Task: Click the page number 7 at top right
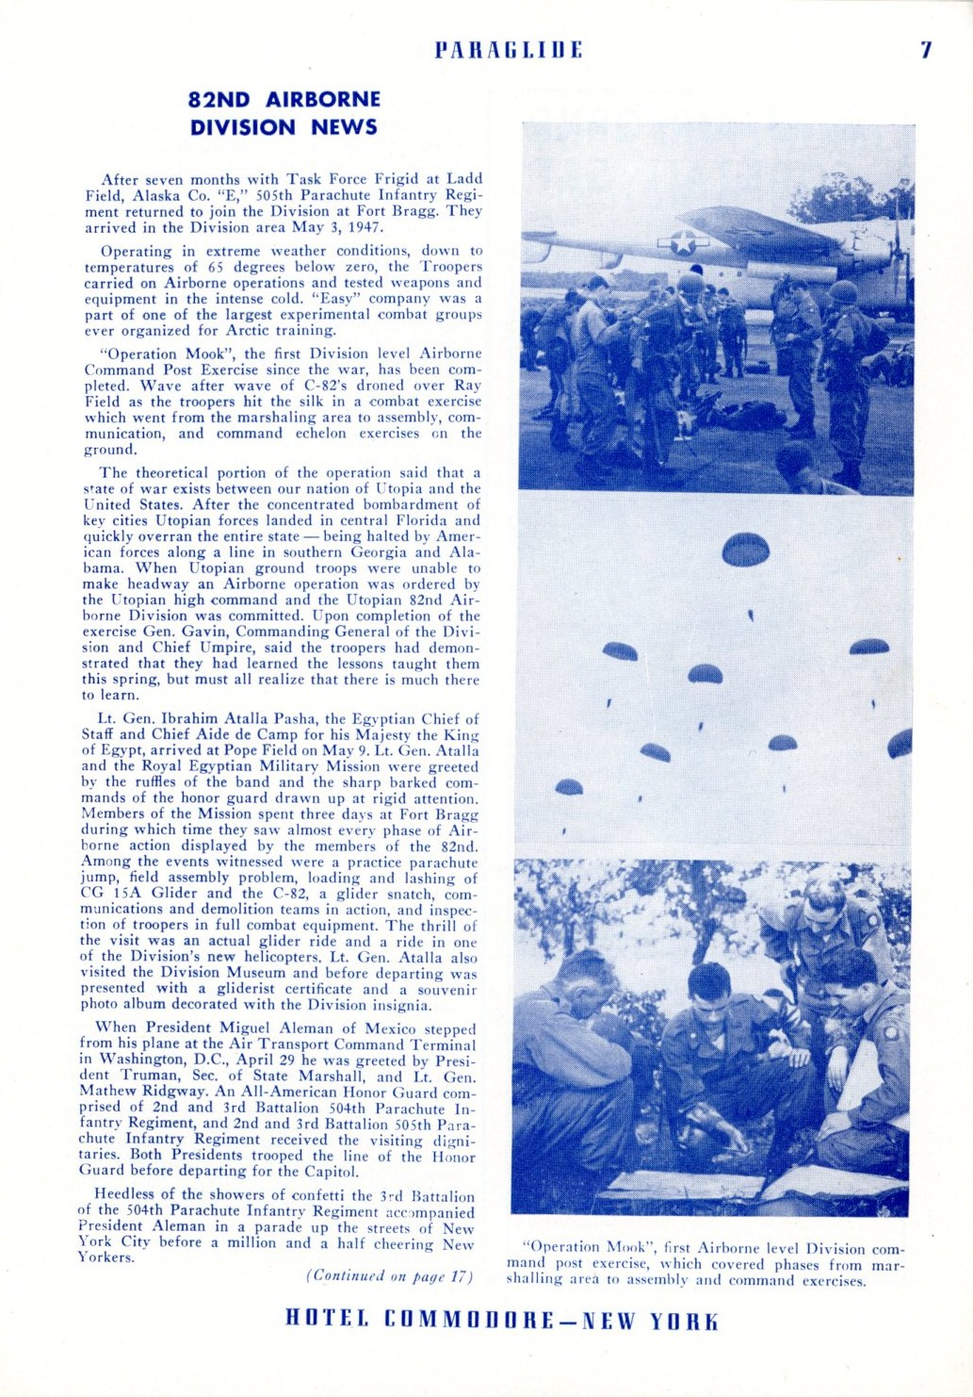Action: coord(926,51)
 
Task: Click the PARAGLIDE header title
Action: coord(508,50)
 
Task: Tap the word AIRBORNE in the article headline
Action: coord(323,100)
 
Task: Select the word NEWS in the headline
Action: coord(345,127)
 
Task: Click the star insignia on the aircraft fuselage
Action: coord(684,242)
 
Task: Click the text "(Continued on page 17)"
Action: coord(389,1276)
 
